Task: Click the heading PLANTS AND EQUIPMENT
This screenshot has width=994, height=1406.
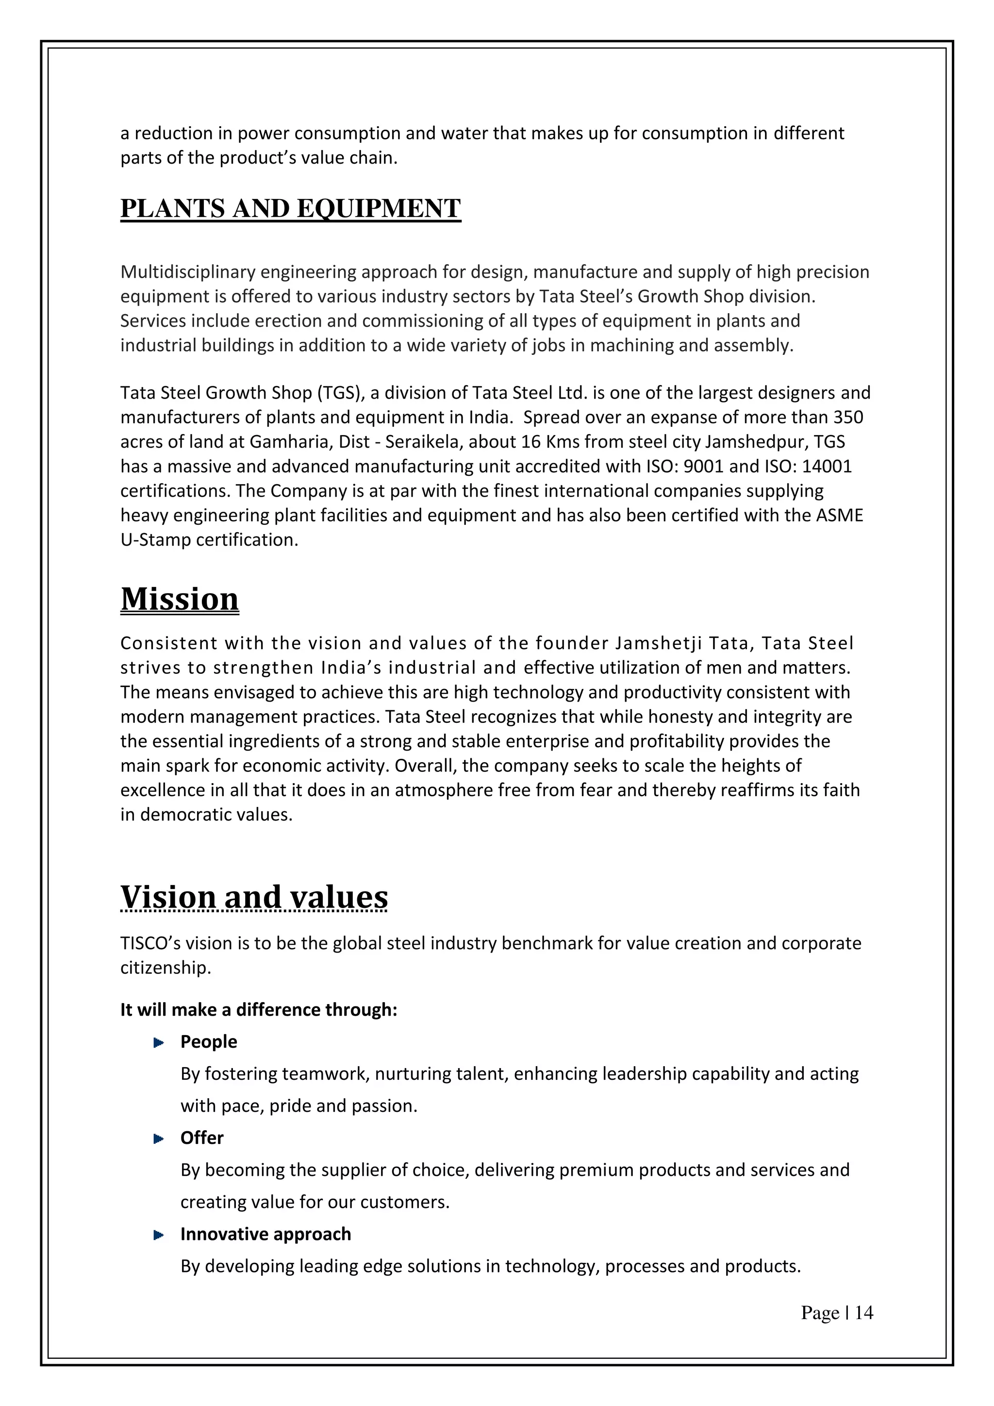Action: pos(290,208)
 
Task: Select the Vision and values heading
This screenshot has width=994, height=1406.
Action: pos(254,897)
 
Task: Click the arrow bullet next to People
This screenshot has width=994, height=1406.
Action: pos(159,1042)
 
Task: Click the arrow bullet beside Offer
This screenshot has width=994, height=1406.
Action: pos(159,1138)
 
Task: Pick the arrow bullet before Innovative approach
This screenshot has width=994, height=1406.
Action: pos(159,1235)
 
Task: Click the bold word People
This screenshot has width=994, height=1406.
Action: pos(208,1042)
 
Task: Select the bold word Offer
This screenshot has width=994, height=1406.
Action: pos(201,1138)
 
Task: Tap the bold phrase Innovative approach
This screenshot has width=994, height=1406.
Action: pos(265,1234)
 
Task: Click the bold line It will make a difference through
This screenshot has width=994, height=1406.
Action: pos(258,1009)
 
